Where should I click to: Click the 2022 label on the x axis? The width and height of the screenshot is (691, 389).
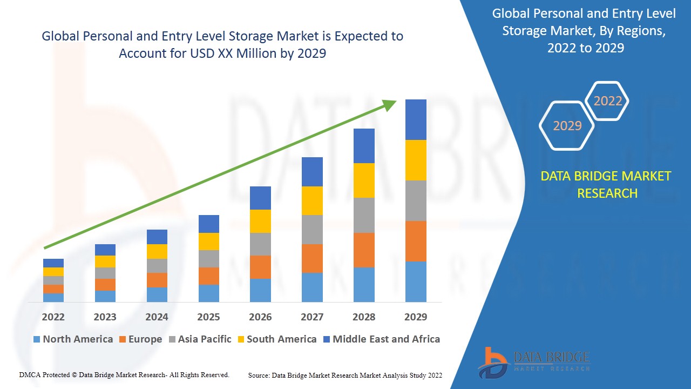[x=53, y=317]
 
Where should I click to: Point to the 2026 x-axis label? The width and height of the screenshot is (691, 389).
[x=260, y=317]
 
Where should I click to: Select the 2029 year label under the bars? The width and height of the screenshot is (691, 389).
[x=416, y=317]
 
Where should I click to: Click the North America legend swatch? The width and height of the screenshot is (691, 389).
[x=37, y=339]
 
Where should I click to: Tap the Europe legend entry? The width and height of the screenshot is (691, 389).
[x=140, y=339]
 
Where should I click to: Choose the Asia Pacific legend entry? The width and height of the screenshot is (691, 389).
[x=199, y=339]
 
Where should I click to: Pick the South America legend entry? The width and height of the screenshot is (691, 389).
[x=276, y=339]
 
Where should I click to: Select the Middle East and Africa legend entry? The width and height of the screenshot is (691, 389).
[x=381, y=339]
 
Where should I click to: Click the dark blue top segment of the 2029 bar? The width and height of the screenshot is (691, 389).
[x=416, y=119]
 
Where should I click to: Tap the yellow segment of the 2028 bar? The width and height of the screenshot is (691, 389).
[x=364, y=180]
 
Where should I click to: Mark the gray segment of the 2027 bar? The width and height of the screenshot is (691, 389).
[x=312, y=230]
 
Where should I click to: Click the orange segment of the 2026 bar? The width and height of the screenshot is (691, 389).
[x=260, y=267]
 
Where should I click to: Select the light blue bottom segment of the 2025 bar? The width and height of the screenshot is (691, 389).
[x=208, y=293]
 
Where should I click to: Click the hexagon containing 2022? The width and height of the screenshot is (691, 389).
[x=607, y=101]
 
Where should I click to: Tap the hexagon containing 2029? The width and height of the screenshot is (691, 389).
[x=567, y=125]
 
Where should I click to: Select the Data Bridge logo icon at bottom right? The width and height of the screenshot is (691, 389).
[x=492, y=362]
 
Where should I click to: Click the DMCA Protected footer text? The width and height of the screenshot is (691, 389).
[x=124, y=374]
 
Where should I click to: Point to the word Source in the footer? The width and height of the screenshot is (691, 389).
[x=259, y=375]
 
